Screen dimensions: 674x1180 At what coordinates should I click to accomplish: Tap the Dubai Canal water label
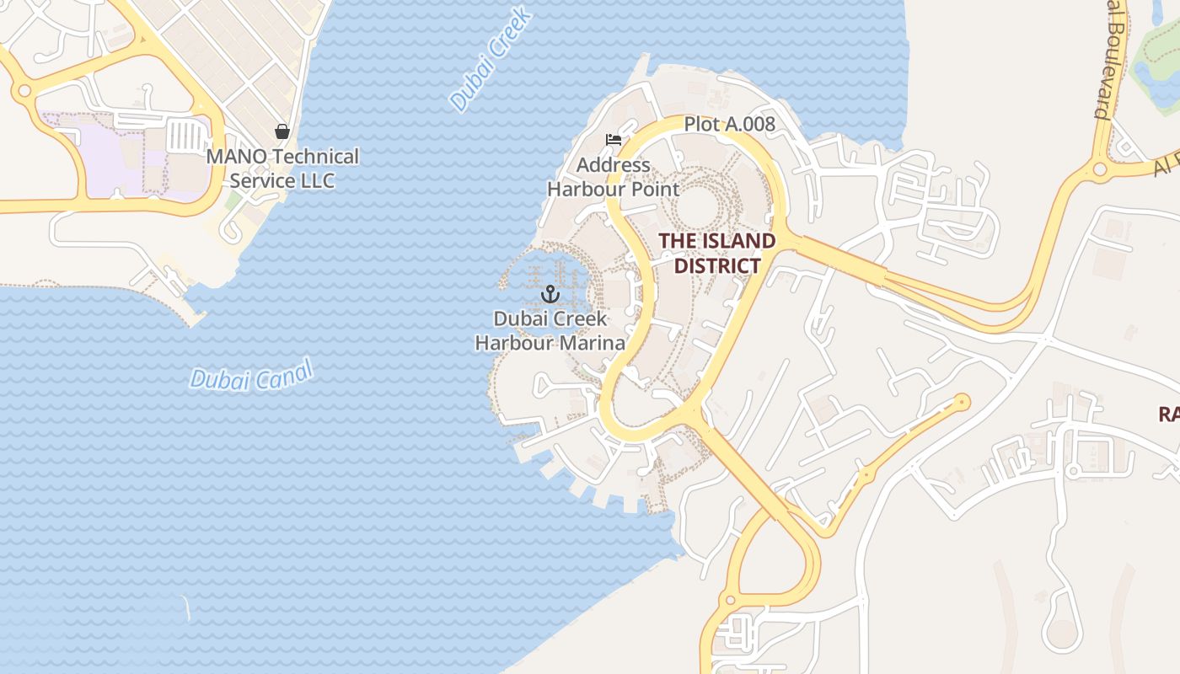(x=250, y=375)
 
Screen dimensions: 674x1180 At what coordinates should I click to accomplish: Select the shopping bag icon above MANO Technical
(x=282, y=131)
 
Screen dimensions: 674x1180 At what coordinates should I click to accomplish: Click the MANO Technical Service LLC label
(x=282, y=168)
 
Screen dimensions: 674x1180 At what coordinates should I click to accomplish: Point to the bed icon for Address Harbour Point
(x=614, y=139)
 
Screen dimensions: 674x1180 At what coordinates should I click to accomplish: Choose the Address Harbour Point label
(x=613, y=177)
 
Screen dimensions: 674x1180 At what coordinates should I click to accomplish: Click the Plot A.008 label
(x=729, y=125)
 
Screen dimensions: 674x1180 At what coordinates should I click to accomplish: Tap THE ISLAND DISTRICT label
(x=716, y=253)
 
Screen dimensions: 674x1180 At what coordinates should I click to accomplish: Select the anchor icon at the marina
(x=550, y=294)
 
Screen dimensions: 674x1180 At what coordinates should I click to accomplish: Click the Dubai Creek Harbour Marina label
(x=550, y=330)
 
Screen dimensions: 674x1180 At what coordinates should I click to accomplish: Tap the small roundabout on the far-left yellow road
(x=24, y=90)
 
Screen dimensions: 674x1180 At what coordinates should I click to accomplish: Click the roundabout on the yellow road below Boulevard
(x=1100, y=169)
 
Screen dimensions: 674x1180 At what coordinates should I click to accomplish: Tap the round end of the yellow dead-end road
(x=961, y=403)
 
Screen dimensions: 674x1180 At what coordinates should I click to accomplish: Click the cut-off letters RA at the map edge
(x=1168, y=414)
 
